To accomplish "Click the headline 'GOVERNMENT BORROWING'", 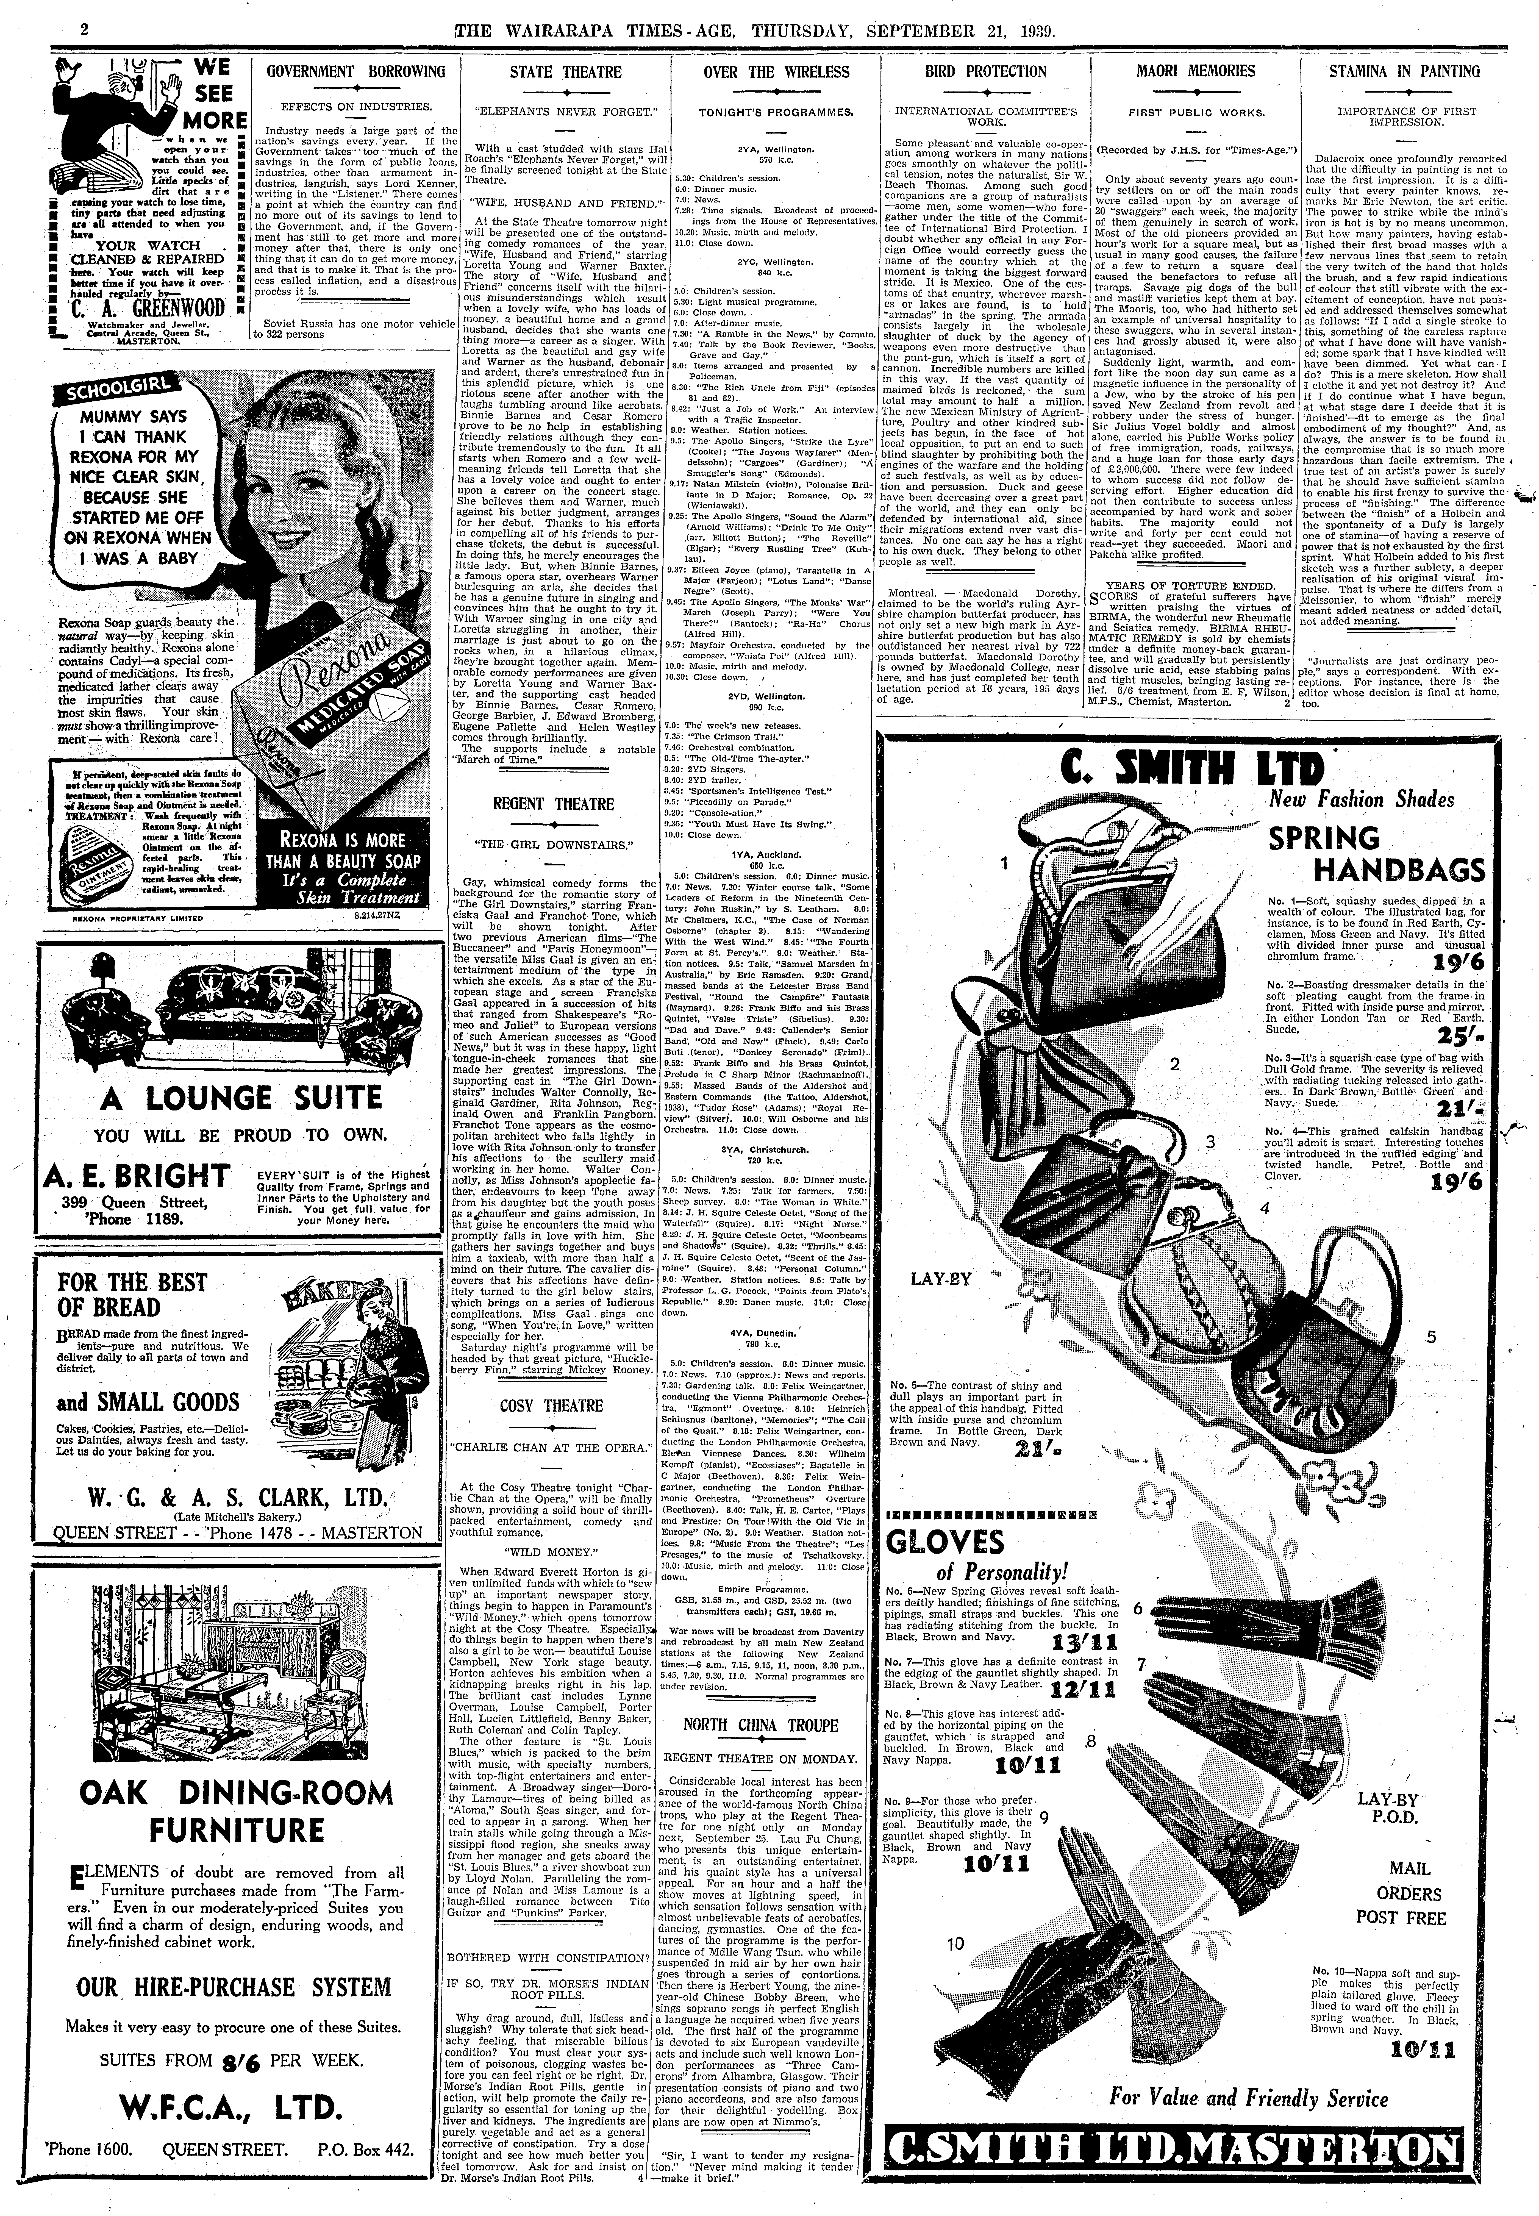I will coord(356,71).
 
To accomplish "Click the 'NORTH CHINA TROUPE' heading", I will coord(760,1725).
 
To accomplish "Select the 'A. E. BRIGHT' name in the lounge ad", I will coord(136,1176).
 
